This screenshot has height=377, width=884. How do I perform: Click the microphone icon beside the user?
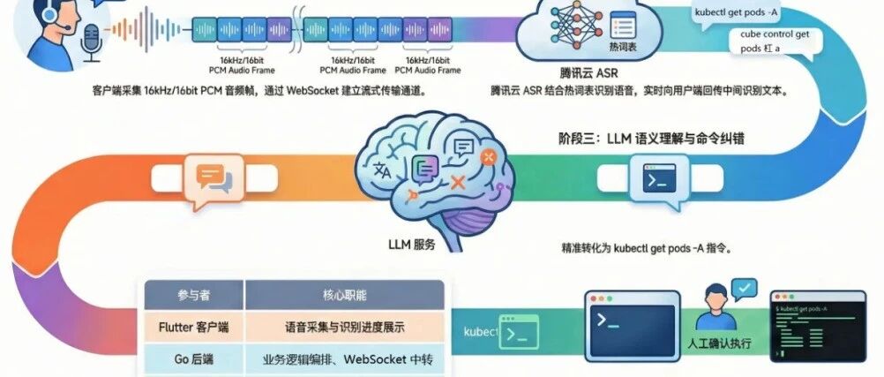(x=90, y=41)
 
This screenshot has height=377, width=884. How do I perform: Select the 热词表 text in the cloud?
(x=622, y=46)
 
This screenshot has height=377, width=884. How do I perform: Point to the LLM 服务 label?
(x=412, y=245)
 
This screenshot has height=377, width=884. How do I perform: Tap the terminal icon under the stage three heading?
(x=655, y=180)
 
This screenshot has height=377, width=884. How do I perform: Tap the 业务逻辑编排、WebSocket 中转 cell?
(x=344, y=359)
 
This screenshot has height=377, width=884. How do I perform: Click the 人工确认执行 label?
(x=720, y=343)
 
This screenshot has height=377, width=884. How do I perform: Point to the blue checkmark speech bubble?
(x=745, y=290)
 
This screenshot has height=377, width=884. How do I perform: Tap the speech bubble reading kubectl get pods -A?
(x=738, y=13)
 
